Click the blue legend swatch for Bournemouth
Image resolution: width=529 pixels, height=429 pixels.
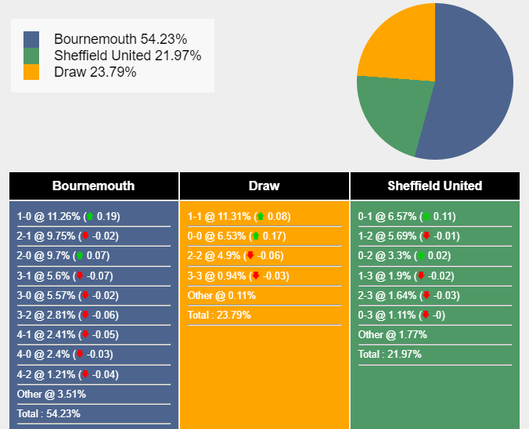pos(31,39)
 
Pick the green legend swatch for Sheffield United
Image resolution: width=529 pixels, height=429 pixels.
pos(31,56)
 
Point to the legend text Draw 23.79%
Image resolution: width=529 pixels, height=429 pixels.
pos(95,72)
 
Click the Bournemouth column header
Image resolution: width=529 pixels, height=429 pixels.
pos(93,186)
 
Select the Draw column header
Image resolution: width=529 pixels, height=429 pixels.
pos(264,186)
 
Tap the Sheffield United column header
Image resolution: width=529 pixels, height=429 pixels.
pos(434,186)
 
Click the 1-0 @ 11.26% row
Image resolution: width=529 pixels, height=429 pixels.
pos(69,217)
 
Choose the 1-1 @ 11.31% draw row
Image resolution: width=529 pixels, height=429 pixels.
pos(239,217)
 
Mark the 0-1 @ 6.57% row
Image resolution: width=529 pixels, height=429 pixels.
pos(407,217)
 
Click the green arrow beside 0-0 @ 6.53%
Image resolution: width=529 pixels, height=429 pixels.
pos(254,236)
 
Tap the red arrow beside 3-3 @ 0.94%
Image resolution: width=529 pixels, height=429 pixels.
pos(255,276)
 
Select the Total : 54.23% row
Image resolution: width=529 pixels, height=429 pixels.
pos(49,414)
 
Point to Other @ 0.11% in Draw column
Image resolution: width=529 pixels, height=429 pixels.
pos(221,295)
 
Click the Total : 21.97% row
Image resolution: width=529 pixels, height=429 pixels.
pos(390,355)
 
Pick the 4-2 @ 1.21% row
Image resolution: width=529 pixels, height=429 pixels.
pos(67,374)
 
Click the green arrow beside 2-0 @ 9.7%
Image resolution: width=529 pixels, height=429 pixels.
pos(78,256)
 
